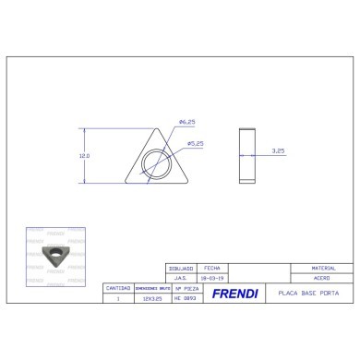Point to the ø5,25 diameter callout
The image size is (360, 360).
coord(195,143)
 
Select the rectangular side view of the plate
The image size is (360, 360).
coord(246,155)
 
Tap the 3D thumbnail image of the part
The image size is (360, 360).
coord(54,251)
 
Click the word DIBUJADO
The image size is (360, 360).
coord(180,266)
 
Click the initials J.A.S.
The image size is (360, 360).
coord(180,277)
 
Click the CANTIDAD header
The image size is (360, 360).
coord(117,288)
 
